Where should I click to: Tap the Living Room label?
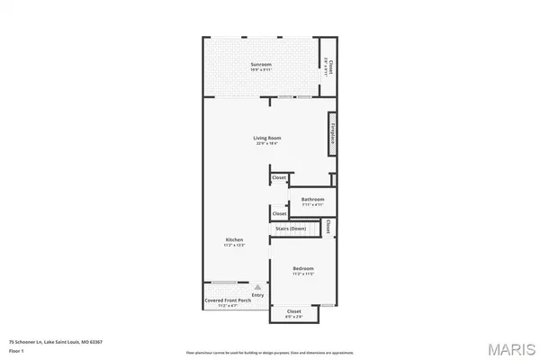click(267, 138)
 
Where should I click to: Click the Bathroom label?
click(312, 199)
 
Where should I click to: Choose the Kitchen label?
click(235, 239)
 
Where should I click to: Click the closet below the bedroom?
click(293, 312)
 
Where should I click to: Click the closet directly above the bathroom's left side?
click(280, 178)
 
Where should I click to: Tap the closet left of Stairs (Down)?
click(280, 213)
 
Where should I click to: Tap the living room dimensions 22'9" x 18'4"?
click(267, 143)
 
